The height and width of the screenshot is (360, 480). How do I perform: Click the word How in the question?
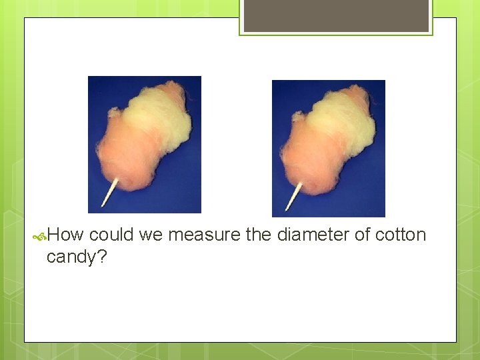[x=65, y=235]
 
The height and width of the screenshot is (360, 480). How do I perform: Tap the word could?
[x=111, y=235]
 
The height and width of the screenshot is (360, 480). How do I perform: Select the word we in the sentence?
[x=151, y=235]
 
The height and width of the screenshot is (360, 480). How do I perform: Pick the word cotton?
[x=400, y=235]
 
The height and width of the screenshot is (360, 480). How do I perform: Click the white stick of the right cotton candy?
[x=294, y=194]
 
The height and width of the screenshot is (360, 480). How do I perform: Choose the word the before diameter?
[x=259, y=235]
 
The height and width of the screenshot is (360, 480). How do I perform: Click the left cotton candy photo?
[x=145, y=145]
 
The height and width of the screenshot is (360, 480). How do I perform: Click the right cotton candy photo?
[x=329, y=149]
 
